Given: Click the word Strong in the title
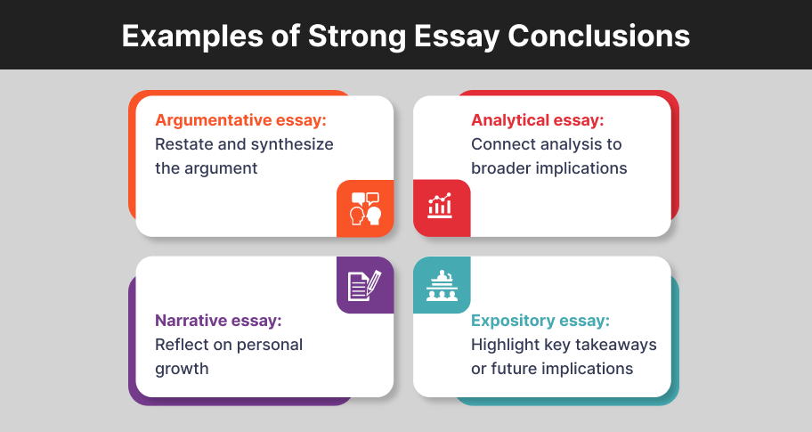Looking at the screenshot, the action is [357, 37].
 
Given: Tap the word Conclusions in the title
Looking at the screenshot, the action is [598, 36].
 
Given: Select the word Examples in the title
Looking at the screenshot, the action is [192, 37].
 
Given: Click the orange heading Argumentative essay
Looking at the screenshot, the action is [240, 120].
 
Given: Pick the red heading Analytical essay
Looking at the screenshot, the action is [538, 120].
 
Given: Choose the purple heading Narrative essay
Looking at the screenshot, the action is [218, 321].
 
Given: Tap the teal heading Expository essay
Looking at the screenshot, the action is [540, 321].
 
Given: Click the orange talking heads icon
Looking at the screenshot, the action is [366, 208].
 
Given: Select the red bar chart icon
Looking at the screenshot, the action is [440, 205].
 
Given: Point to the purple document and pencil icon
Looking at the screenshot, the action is [365, 285].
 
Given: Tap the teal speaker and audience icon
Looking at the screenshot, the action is [442, 285].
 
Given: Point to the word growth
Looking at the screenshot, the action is [182, 370].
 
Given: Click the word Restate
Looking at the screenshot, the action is [183, 144].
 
